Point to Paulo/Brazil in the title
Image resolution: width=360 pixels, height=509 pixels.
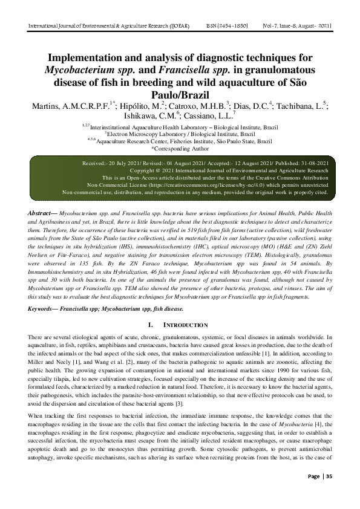180,95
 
